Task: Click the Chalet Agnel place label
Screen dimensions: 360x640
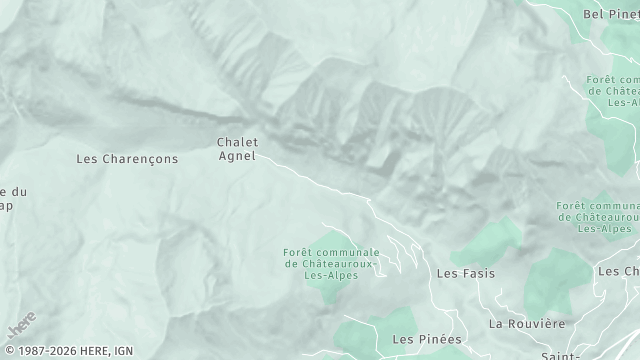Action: (x=237, y=149)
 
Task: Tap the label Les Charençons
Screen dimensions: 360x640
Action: (x=127, y=158)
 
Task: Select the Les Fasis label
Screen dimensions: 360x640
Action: (x=466, y=272)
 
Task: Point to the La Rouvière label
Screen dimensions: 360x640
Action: (x=527, y=324)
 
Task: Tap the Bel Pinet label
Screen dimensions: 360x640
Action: (x=610, y=14)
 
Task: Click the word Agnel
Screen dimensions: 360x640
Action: (x=237, y=156)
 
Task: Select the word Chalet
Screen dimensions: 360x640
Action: (x=237, y=142)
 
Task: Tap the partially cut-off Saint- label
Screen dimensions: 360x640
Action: (x=563, y=355)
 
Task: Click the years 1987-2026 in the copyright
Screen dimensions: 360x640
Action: (x=44, y=351)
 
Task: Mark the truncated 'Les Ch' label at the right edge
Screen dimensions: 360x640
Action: (x=618, y=271)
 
